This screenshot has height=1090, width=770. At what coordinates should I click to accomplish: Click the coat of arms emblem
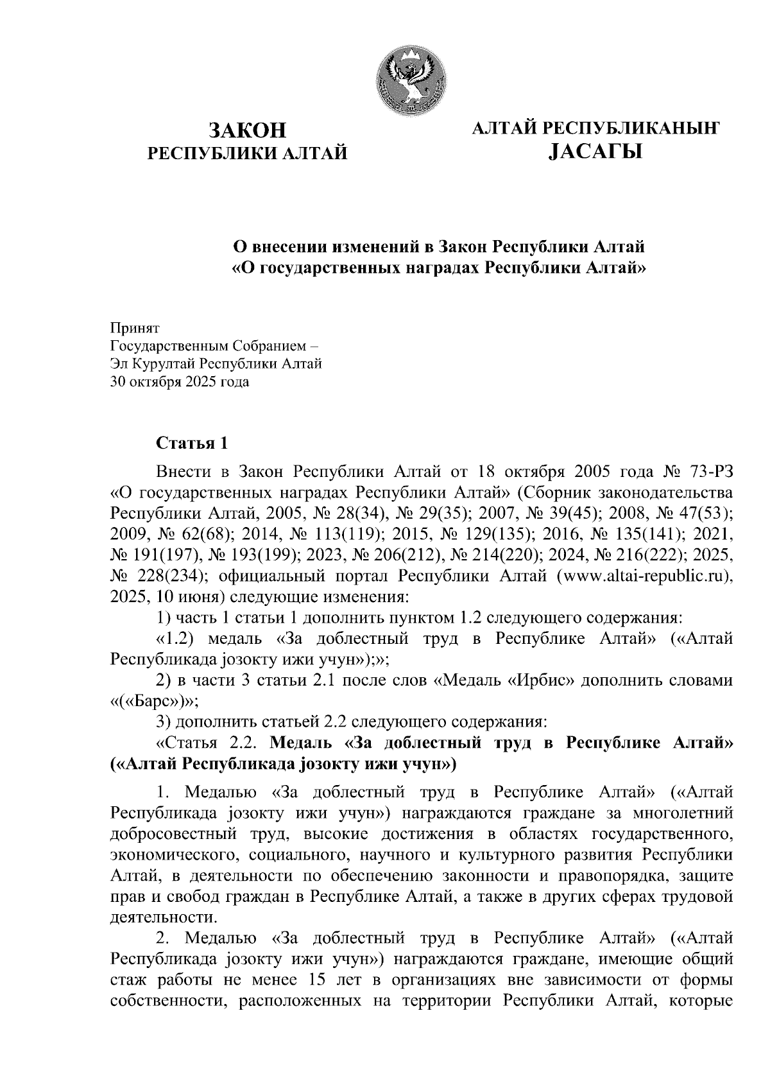click(x=408, y=82)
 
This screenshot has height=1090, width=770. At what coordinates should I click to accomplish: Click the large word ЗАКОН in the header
click(x=247, y=130)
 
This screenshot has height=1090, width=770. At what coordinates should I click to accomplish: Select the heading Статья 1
click(x=192, y=443)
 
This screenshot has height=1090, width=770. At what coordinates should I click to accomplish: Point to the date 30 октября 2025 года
click(x=180, y=382)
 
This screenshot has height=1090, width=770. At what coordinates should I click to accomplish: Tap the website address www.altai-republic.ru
click(x=645, y=576)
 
